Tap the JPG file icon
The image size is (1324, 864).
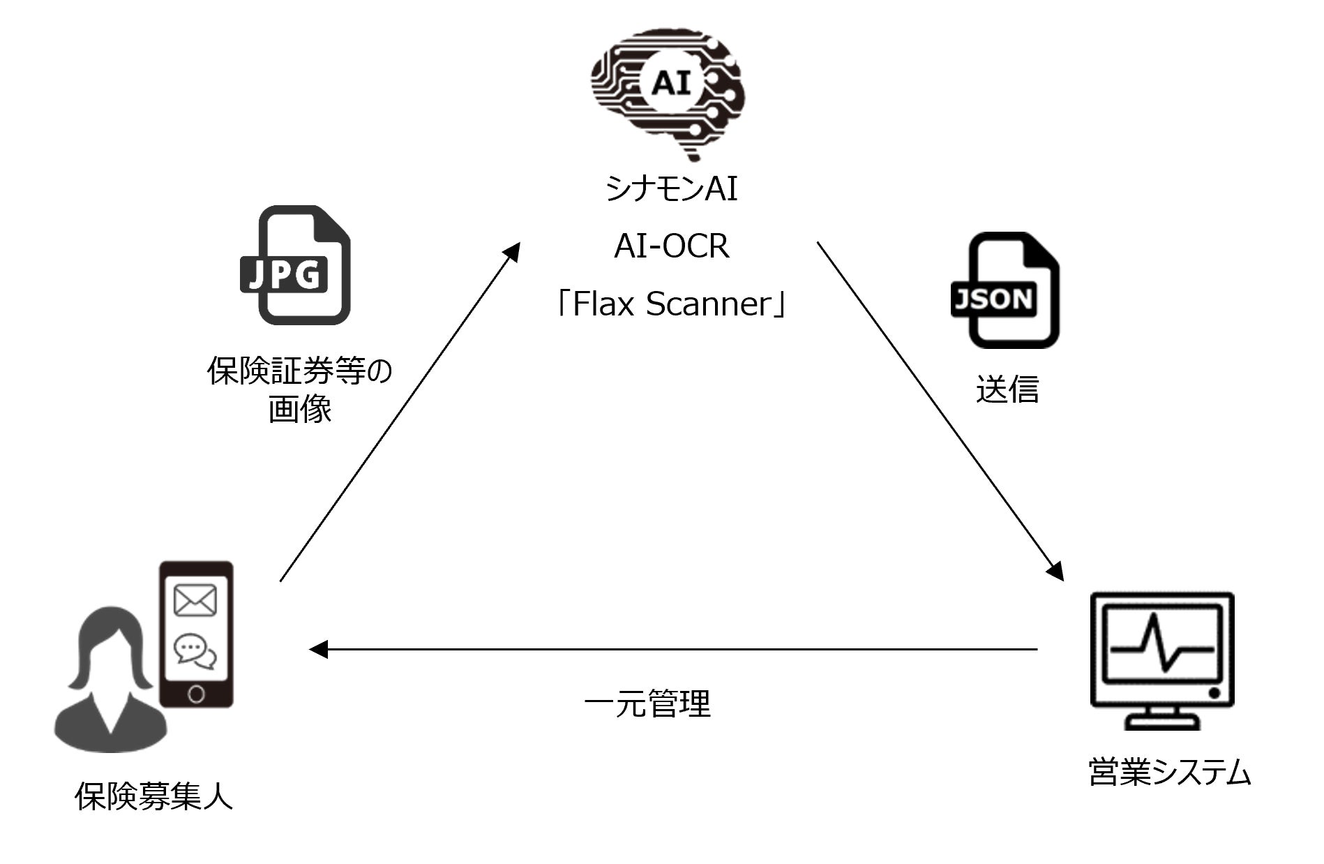pyautogui.click(x=295, y=265)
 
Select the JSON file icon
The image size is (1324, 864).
pyautogui.click(x=1005, y=290)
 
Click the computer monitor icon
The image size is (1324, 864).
pyautogui.click(x=1161, y=660)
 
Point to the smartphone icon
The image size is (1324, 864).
pyautogui.click(x=196, y=634)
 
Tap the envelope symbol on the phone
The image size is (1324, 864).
pyautogui.click(x=195, y=601)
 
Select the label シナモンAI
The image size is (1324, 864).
pyautogui.click(x=672, y=188)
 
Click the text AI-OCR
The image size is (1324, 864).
pyautogui.click(x=672, y=246)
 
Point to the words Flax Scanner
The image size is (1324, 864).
pyautogui.click(x=672, y=304)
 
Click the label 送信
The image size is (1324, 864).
pyautogui.click(x=1007, y=389)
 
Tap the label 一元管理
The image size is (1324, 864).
pyautogui.click(x=647, y=703)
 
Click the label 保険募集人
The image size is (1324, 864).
pyautogui.click(x=153, y=796)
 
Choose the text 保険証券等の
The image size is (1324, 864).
pyautogui.click(x=300, y=371)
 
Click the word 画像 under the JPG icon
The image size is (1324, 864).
pyautogui.click(x=300, y=410)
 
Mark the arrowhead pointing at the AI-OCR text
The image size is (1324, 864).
pyautogui.click(x=513, y=251)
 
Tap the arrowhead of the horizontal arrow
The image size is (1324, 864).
pyautogui.click(x=318, y=650)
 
